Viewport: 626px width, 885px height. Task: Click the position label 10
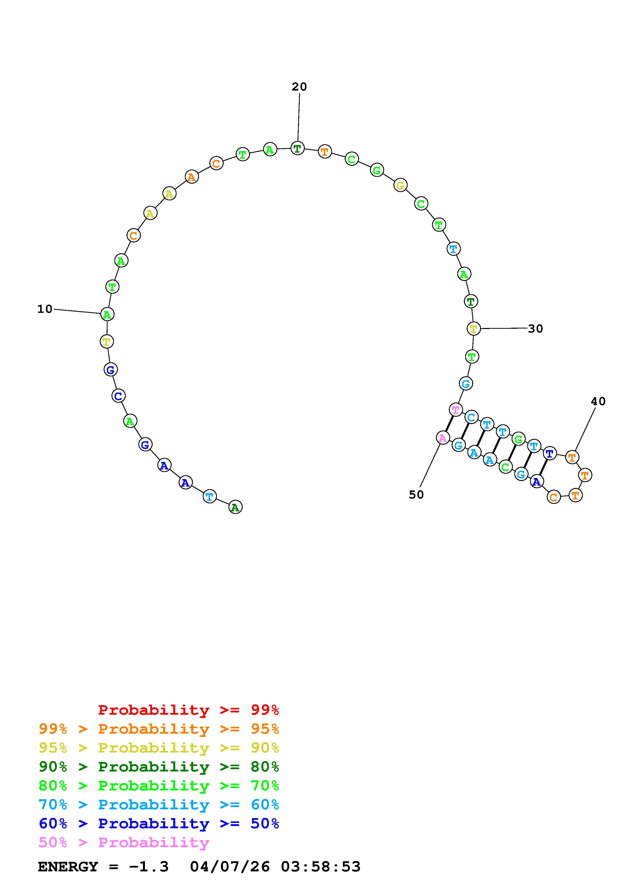point(44,309)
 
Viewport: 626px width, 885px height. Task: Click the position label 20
point(299,87)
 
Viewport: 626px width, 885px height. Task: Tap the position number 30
point(535,328)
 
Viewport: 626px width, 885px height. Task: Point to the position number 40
point(598,401)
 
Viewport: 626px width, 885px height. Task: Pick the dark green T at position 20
point(297,148)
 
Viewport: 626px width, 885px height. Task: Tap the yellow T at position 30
point(474,329)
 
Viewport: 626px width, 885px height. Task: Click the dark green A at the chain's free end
point(235,507)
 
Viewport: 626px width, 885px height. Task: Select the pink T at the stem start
point(456,410)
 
